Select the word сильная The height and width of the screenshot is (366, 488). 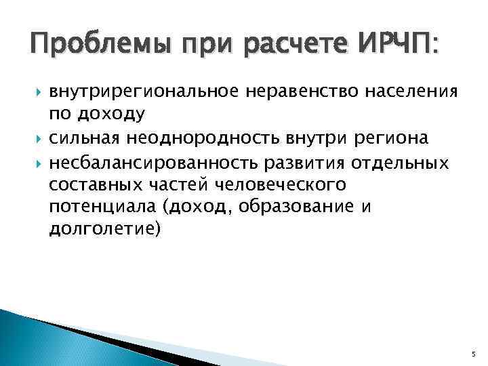pyautogui.click(x=83, y=138)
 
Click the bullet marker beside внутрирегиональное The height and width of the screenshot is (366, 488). pyautogui.click(x=37, y=93)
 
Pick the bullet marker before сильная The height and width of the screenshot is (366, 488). pyautogui.click(x=37, y=139)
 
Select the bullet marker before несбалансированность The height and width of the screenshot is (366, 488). pyautogui.click(x=37, y=162)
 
